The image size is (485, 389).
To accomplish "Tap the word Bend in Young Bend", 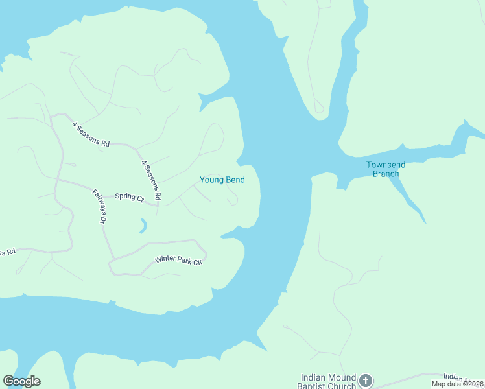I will point(235,180).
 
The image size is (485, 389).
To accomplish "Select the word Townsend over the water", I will point(386,165).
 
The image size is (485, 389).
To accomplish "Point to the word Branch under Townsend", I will point(386,174).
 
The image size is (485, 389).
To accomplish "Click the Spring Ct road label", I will point(129,197).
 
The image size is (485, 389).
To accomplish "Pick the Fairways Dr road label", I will point(99,207).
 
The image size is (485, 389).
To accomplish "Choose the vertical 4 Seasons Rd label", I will point(150,180).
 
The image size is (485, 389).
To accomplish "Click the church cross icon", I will point(366,381).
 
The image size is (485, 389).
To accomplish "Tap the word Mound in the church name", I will point(342,377).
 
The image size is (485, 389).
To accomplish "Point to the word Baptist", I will point(311,386).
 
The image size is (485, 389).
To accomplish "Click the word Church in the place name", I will point(342,386).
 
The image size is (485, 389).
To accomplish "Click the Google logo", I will point(21,381).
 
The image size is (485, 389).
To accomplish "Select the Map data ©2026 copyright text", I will point(458,384).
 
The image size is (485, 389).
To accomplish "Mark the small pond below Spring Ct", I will point(143,226).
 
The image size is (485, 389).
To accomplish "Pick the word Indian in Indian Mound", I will point(313,377).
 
